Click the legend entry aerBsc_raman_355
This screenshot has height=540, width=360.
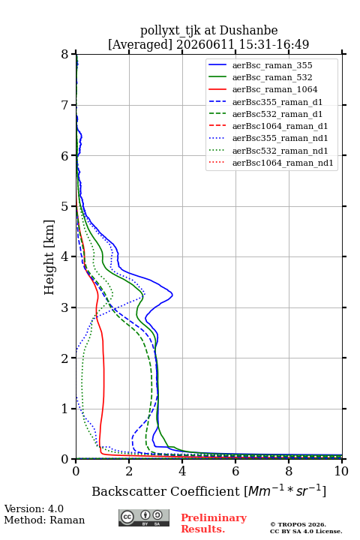272,65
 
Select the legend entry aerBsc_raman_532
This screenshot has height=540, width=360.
272,77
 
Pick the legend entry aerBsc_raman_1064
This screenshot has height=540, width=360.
275,89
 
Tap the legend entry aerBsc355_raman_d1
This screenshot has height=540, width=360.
277,102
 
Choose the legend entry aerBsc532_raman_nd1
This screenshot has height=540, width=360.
280,151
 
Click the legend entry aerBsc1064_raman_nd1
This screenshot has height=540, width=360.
283,163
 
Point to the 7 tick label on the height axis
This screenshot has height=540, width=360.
65,105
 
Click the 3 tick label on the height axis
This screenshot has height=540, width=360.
65,307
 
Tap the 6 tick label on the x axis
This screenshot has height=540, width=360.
235,471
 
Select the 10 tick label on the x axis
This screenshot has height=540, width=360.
341,471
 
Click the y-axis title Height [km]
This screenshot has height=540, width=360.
49,257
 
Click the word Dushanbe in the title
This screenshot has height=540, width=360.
248,31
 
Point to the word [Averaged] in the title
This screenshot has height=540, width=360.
140,45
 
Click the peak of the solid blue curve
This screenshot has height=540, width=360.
172,295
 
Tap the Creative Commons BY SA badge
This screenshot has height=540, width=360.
144,518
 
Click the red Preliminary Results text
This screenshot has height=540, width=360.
214,523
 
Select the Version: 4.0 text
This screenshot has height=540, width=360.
34,508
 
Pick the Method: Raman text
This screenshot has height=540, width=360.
44,520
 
